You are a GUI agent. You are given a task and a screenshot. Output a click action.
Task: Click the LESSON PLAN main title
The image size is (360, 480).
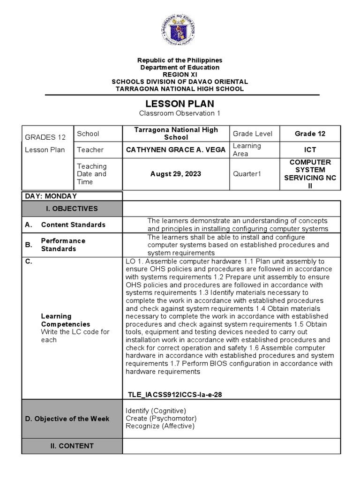click(180, 104)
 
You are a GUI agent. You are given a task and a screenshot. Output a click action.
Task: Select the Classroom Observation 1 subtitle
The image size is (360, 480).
click(180, 113)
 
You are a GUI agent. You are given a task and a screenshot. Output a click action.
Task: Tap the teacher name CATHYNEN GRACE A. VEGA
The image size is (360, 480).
click(176, 150)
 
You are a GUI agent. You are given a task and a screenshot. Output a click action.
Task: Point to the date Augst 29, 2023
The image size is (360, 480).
click(176, 174)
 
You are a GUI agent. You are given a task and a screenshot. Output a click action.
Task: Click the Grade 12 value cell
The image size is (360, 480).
click(310, 134)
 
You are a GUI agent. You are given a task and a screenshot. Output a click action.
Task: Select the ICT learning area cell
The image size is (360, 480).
click(310, 150)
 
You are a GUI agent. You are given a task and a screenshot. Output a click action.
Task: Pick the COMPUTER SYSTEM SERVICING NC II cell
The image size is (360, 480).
click(310, 174)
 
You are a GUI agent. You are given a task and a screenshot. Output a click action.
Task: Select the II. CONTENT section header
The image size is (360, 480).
click(72, 446)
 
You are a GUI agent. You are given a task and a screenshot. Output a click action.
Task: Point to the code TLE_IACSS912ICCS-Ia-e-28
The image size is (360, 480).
click(174, 395)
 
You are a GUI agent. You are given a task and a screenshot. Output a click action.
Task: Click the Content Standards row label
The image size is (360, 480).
click(73, 225)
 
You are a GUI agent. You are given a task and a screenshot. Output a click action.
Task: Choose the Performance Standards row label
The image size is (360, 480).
click(63, 245)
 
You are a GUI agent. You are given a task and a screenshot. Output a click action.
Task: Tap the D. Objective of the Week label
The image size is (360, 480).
click(67, 419)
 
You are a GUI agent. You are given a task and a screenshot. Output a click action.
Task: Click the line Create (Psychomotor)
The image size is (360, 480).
click(161, 418)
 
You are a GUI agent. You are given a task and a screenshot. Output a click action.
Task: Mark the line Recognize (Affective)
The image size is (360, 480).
click(160, 426)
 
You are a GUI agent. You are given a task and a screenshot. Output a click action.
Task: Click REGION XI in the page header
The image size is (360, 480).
click(180, 75)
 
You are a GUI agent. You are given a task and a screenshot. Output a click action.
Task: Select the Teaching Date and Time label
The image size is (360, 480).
click(92, 174)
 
